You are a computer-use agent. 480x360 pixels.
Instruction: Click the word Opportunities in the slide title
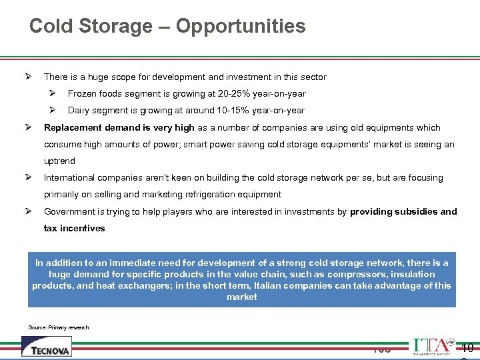(x=241, y=27)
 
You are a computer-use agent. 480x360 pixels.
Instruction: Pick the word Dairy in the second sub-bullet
(x=79, y=111)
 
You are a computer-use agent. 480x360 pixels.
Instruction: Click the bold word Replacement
(x=73, y=127)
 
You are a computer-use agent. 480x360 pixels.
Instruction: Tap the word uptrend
(x=59, y=161)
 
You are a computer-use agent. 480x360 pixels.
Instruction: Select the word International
(x=69, y=178)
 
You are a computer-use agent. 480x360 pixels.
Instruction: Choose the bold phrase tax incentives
(x=74, y=228)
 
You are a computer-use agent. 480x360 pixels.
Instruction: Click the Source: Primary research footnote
(x=59, y=327)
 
